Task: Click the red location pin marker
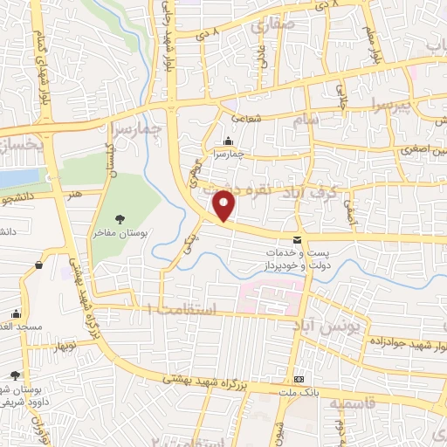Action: (x=224, y=204)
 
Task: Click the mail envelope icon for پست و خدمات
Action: (x=298, y=240)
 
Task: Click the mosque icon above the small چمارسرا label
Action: (x=229, y=142)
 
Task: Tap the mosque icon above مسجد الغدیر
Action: (x=16, y=313)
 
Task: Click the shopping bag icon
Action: (x=38, y=265)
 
